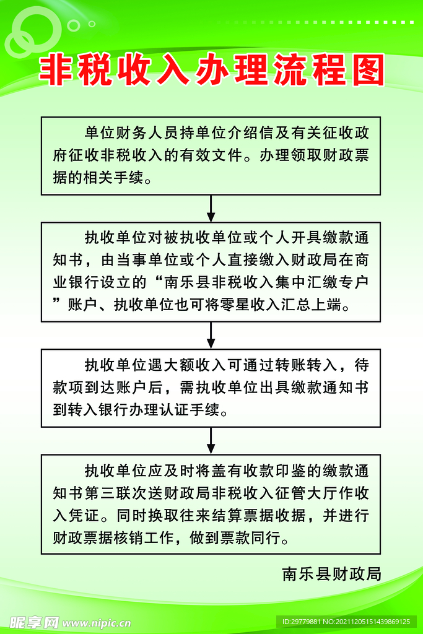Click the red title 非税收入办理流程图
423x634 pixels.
click(x=212, y=70)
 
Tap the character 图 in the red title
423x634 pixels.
click(x=369, y=70)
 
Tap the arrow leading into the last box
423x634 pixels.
click(x=211, y=440)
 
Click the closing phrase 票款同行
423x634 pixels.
click(x=251, y=537)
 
